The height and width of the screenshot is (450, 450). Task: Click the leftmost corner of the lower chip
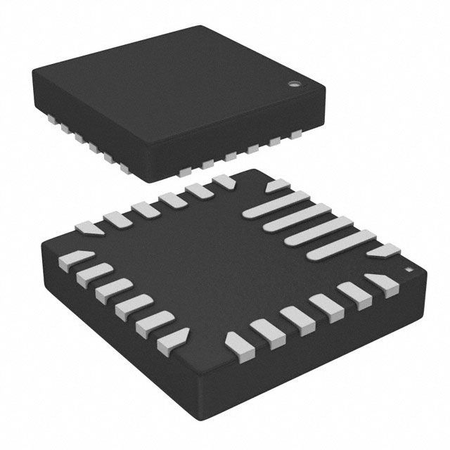pyautogui.click(x=42, y=243)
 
